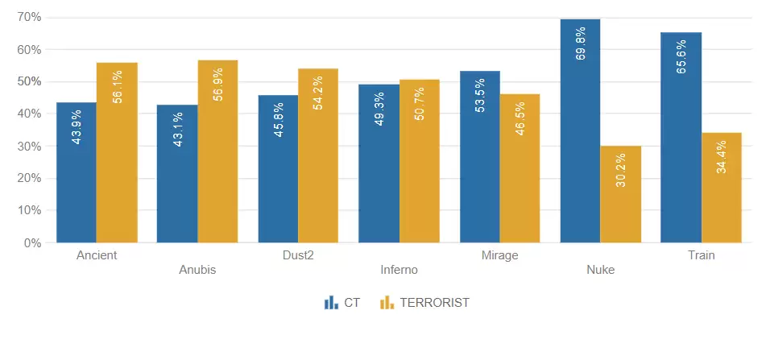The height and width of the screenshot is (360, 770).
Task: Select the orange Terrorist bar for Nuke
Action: [x=621, y=194]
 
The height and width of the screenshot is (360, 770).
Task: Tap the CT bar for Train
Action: [x=681, y=137]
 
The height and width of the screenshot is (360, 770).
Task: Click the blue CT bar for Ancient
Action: [x=77, y=172]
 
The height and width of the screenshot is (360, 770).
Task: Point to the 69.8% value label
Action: [x=581, y=44]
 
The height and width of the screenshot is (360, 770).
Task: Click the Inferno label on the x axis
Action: [x=399, y=270]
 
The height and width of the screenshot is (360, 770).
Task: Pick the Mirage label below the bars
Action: [x=499, y=255]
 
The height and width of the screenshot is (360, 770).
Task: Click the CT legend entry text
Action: [x=352, y=303]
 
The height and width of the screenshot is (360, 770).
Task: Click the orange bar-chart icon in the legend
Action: [x=387, y=303]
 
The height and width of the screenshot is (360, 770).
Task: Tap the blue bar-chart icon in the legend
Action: [x=331, y=303]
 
